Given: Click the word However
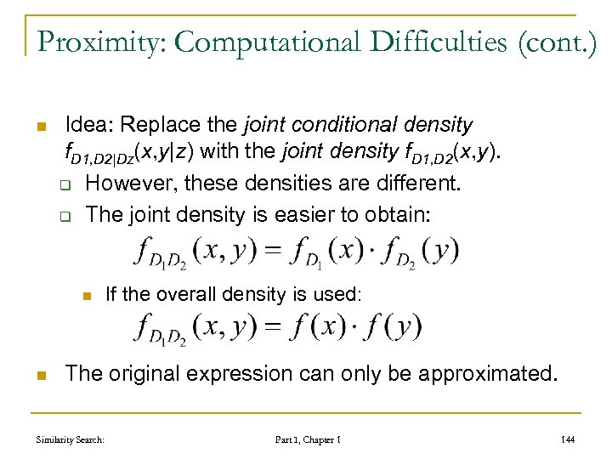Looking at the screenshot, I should coord(123,184).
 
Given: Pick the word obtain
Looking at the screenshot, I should coord(401,214).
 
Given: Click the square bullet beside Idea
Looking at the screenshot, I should coord(39,127).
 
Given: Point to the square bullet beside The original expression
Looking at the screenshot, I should coord(39,374).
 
